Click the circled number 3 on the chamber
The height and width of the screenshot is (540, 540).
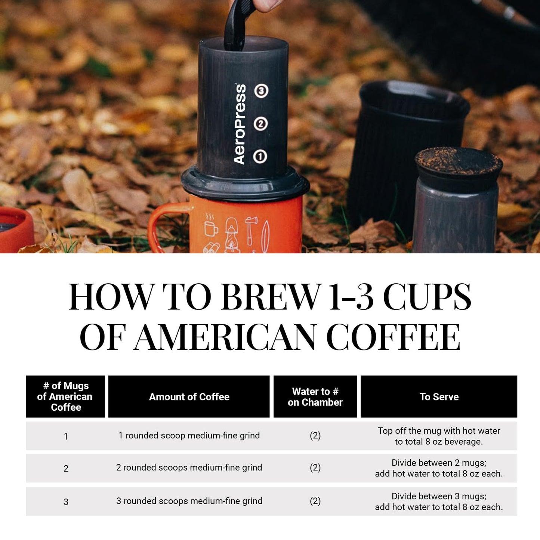(x=261, y=91)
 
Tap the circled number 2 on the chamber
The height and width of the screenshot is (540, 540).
(x=260, y=124)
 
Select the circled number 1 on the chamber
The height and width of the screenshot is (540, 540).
(x=260, y=157)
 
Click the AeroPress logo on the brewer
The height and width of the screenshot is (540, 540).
(x=240, y=124)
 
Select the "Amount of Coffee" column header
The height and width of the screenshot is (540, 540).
(x=189, y=397)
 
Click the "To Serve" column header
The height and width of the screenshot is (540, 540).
(x=439, y=397)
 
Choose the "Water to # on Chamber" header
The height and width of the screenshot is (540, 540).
(x=315, y=397)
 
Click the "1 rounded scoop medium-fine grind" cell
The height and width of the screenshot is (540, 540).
(x=189, y=436)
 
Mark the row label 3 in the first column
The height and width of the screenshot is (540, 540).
(x=66, y=502)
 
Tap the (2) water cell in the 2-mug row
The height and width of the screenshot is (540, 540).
(x=315, y=468)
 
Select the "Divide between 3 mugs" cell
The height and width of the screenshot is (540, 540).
(x=439, y=502)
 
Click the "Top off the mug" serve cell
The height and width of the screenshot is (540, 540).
(x=439, y=436)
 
